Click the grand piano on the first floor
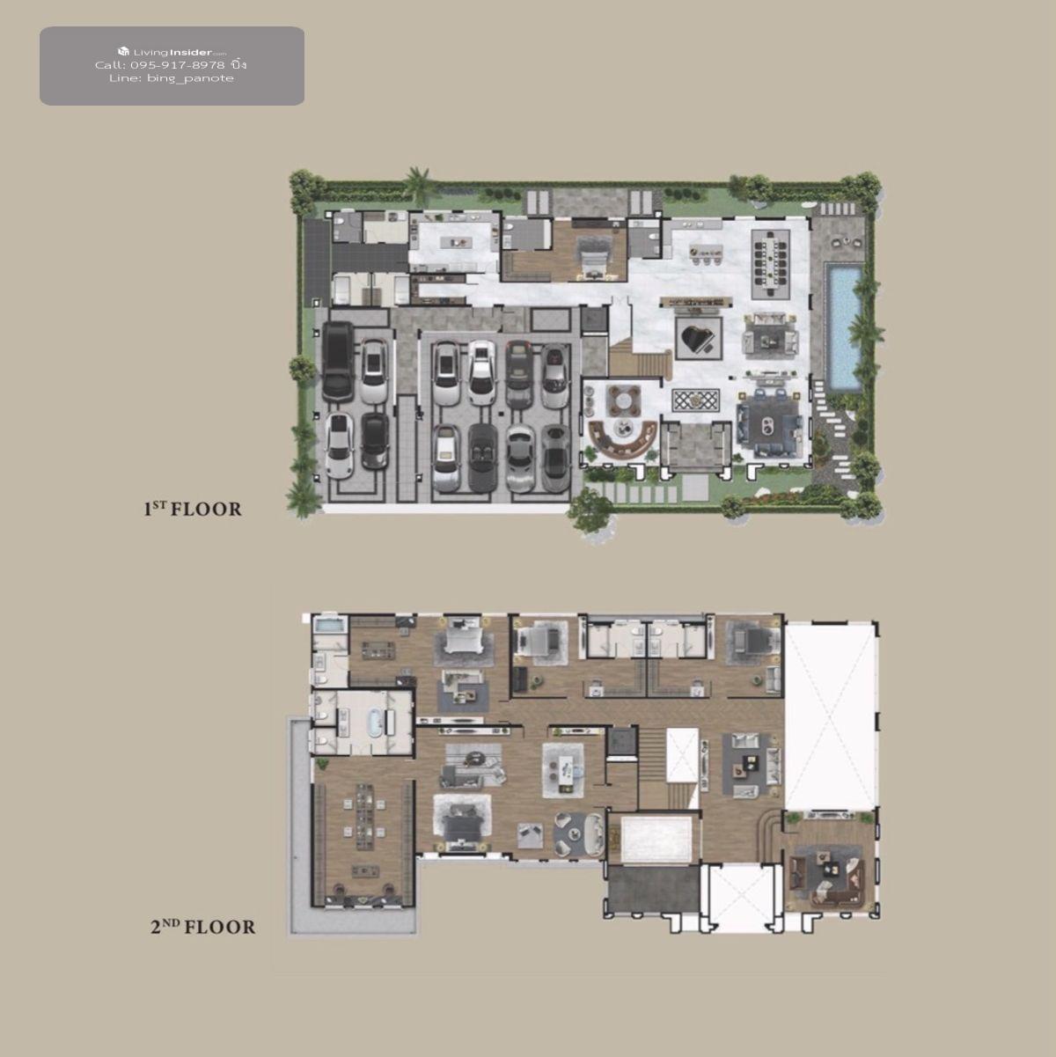[x=697, y=337]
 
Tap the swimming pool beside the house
[x=843, y=326]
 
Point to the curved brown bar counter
[x=622, y=442]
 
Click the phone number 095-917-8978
[x=178, y=65]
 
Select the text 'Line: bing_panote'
[x=172, y=78]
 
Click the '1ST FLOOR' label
[x=193, y=509]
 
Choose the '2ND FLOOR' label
[x=203, y=927]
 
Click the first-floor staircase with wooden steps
[x=640, y=362]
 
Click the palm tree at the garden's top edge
[x=421, y=184]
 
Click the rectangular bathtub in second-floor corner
[x=329, y=625]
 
